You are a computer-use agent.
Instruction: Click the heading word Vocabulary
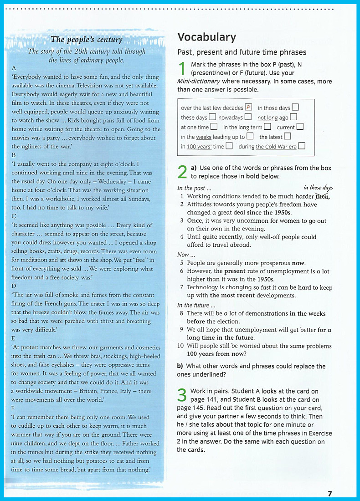click(x=206, y=37)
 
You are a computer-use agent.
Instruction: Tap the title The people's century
click(x=87, y=40)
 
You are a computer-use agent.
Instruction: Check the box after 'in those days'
click(x=295, y=107)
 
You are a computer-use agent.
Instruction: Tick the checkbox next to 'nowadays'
click(x=249, y=118)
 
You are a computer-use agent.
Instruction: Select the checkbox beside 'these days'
click(x=212, y=118)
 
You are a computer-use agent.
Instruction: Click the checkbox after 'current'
click(x=300, y=127)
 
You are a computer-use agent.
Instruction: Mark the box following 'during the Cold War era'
click(x=302, y=146)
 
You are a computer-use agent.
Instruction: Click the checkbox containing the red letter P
click(x=249, y=107)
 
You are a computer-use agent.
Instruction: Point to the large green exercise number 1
click(x=182, y=69)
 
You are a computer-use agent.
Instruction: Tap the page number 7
click(x=329, y=494)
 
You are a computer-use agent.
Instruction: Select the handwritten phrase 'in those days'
click(x=318, y=188)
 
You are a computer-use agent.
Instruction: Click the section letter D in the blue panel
click(x=14, y=286)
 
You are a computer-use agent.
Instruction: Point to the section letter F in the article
click(x=13, y=409)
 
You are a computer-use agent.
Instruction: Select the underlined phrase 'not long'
click(x=267, y=118)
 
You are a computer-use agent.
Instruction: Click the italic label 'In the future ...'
click(x=193, y=305)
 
